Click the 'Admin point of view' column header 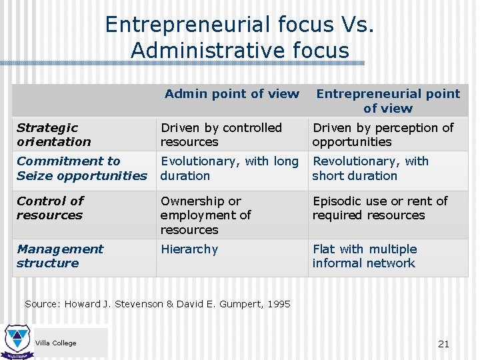pyautogui.click(x=231, y=94)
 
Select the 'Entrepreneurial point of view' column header pyautogui.click(x=388, y=101)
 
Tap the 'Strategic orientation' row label pyautogui.click(x=53, y=135)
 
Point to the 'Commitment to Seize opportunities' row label pyautogui.click(x=81, y=169)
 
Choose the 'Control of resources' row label pyautogui.click(x=50, y=208)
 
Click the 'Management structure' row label pyautogui.click(x=60, y=256)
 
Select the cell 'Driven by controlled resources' pyautogui.click(x=221, y=135)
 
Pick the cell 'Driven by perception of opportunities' pyautogui.click(x=383, y=135)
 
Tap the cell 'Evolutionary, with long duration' pyautogui.click(x=229, y=169)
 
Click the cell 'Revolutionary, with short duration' pyautogui.click(x=371, y=169)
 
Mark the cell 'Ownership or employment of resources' pyautogui.click(x=205, y=215)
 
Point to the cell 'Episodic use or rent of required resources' pyautogui.click(x=380, y=208)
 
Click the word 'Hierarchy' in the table pyautogui.click(x=189, y=249)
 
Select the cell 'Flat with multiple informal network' pyautogui.click(x=365, y=256)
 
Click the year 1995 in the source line pyautogui.click(x=279, y=304)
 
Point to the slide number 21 pyautogui.click(x=443, y=344)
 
